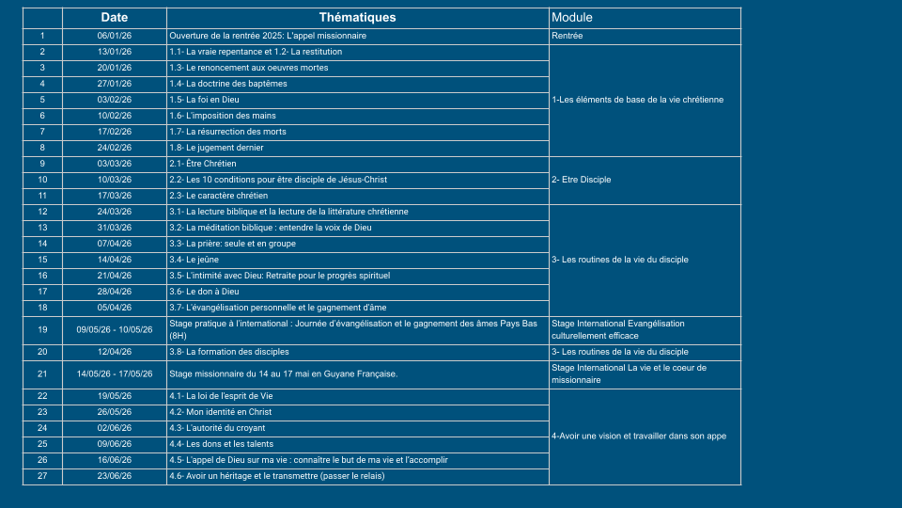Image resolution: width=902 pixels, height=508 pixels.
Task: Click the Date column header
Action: (115, 18)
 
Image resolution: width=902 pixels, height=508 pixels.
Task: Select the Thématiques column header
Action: (357, 18)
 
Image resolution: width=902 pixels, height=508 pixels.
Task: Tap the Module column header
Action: (572, 18)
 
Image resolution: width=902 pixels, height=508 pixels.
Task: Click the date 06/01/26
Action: (115, 36)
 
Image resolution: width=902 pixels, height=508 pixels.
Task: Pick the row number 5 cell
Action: (42, 100)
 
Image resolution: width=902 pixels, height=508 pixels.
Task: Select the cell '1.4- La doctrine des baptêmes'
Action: (228, 84)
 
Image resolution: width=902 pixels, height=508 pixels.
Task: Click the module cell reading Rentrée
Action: (568, 36)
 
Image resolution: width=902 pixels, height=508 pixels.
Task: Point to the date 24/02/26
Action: (115, 148)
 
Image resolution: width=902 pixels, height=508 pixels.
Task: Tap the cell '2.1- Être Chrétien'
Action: (203, 164)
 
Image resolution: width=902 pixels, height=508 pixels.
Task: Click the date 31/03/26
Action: (115, 228)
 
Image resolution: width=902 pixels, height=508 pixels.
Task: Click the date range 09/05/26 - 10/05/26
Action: (115, 329)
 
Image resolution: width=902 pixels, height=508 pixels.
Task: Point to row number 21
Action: (42, 373)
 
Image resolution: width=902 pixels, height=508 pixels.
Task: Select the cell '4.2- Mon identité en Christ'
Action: (221, 412)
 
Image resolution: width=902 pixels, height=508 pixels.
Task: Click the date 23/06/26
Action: (115, 476)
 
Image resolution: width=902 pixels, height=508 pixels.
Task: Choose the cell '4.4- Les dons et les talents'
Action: (223, 444)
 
